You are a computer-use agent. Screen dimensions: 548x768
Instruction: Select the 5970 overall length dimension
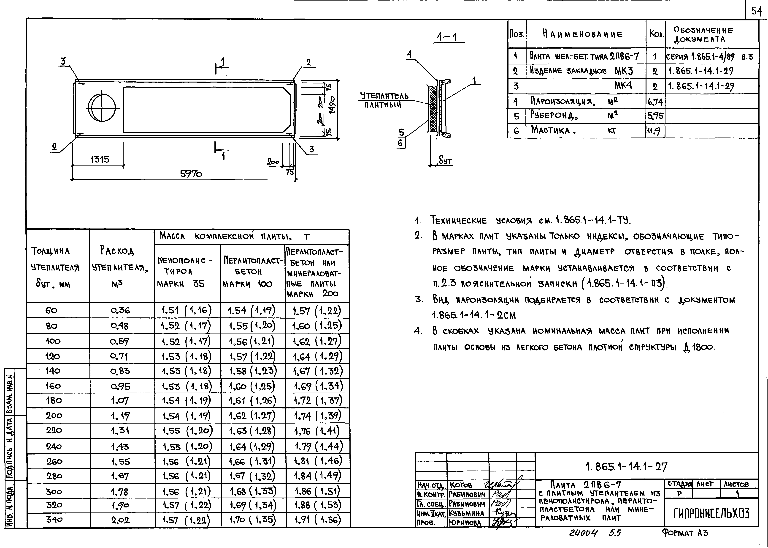191,174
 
